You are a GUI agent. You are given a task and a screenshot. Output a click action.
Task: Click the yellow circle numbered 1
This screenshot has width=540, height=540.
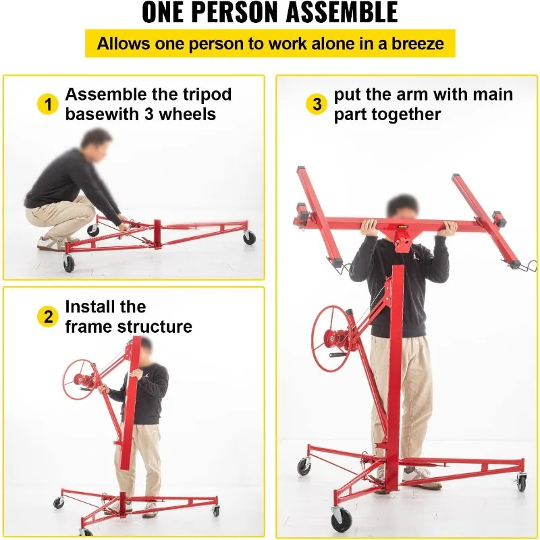(x=47, y=105)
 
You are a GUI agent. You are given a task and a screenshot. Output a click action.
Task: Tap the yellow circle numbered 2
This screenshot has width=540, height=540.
(x=47, y=317)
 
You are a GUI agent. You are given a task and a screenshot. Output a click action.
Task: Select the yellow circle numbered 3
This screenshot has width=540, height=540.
(x=317, y=105)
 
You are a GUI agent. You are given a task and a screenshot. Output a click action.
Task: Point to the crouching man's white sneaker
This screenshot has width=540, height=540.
(x=51, y=244)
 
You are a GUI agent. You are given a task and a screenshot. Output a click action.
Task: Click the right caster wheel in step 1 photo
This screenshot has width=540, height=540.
(x=250, y=238)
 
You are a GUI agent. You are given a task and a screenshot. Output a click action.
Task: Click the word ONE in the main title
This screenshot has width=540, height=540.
(x=173, y=13)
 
